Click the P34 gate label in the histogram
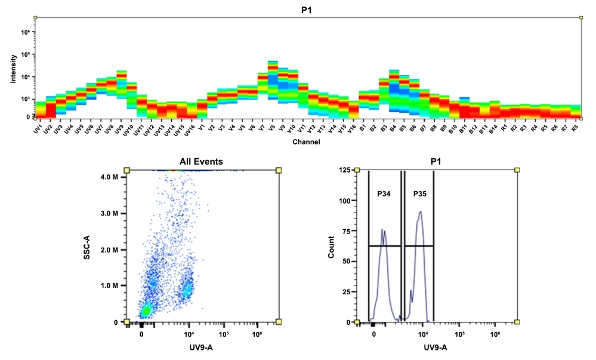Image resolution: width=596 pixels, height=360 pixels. (x=383, y=194)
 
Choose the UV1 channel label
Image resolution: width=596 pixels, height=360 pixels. (x=38, y=128)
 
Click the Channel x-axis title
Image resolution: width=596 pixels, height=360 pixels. (x=306, y=142)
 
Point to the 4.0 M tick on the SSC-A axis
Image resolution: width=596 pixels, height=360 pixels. (x=111, y=176)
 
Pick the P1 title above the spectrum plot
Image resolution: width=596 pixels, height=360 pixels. (x=307, y=9)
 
